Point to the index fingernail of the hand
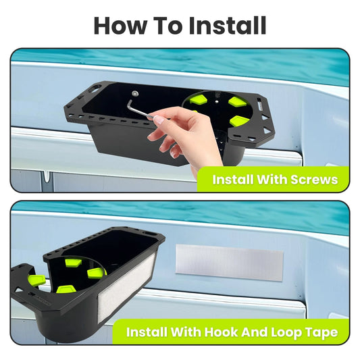[x=158, y=120]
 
